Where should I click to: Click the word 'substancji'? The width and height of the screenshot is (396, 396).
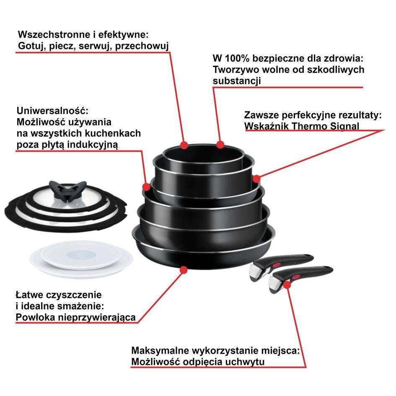tap(237, 80)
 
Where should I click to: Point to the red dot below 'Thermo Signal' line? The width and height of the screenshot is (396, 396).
tap(256, 179)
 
